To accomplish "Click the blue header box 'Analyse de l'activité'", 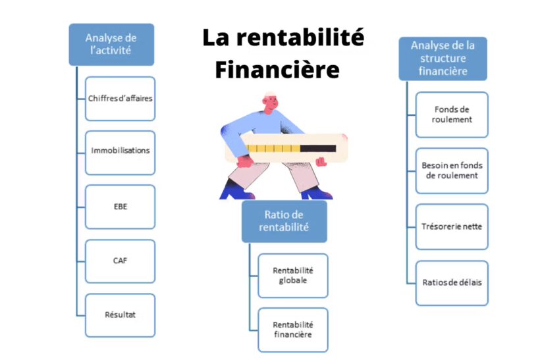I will (111, 44).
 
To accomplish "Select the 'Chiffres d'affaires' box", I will (120, 99).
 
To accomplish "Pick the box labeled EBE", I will (120, 207).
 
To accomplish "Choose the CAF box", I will (120, 261).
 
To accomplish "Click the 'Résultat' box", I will (120, 315).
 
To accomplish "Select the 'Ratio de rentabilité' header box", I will (284, 221).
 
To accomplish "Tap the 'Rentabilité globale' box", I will (292, 275).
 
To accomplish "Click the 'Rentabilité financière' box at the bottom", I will (292, 330).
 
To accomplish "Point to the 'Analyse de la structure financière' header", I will (443, 58).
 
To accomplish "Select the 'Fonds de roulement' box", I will (452, 115).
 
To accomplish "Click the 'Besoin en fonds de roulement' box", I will (452, 170).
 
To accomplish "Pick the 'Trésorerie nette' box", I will (452, 226).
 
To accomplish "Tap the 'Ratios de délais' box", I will (452, 283).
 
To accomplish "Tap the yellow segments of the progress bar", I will (273, 149).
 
